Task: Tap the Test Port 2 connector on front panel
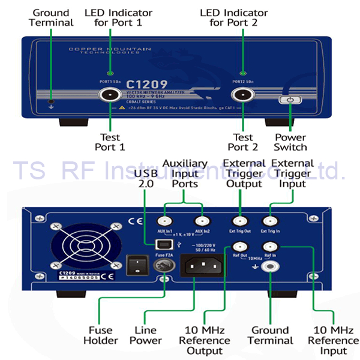tap(243, 94)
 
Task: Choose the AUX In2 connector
tap(204, 221)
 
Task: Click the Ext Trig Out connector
tap(239, 221)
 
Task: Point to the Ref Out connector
tap(239, 246)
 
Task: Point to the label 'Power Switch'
tap(290, 142)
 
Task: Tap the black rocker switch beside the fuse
tap(136, 265)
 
